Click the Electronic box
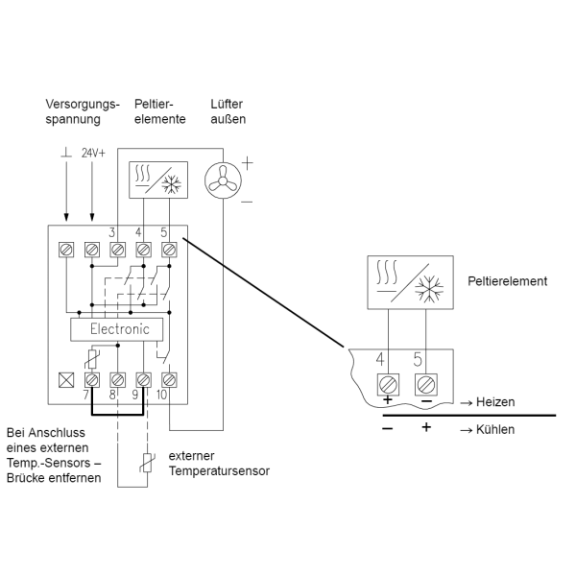(x=117, y=329)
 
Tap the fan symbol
(x=223, y=180)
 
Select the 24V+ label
(x=93, y=153)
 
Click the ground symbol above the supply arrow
(x=66, y=153)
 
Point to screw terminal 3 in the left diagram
(x=117, y=250)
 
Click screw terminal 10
(x=169, y=380)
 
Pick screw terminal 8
(x=117, y=380)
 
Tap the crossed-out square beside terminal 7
(x=66, y=380)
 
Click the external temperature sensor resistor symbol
(x=147, y=463)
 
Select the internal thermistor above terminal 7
(x=92, y=359)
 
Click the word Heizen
(x=495, y=402)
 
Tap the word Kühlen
(x=495, y=429)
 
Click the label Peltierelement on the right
(x=507, y=281)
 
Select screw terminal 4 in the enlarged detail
(x=388, y=385)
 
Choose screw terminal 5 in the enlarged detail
(x=426, y=385)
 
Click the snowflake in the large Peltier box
(x=429, y=288)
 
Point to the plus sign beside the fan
(x=248, y=163)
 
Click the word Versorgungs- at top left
(x=83, y=105)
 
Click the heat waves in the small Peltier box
(x=142, y=174)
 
